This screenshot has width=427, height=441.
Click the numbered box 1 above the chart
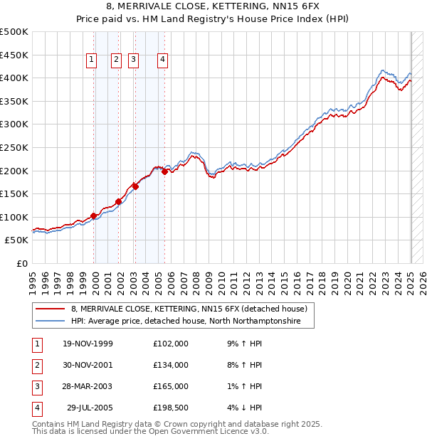tap(92, 60)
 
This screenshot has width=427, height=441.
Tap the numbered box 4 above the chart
tap(163, 60)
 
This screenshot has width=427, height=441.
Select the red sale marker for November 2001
tap(118, 201)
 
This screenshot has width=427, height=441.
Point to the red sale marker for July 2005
tap(164, 171)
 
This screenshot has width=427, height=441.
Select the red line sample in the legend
tap(51, 309)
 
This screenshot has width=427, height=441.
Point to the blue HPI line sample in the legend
tap(51, 322)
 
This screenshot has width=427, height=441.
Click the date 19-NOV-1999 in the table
tap(88, 344)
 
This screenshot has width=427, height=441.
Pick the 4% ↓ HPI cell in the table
tap(246, 408)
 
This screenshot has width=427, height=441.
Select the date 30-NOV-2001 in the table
tap(88, 365)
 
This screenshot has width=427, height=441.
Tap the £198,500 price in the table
tap(170, 408)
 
